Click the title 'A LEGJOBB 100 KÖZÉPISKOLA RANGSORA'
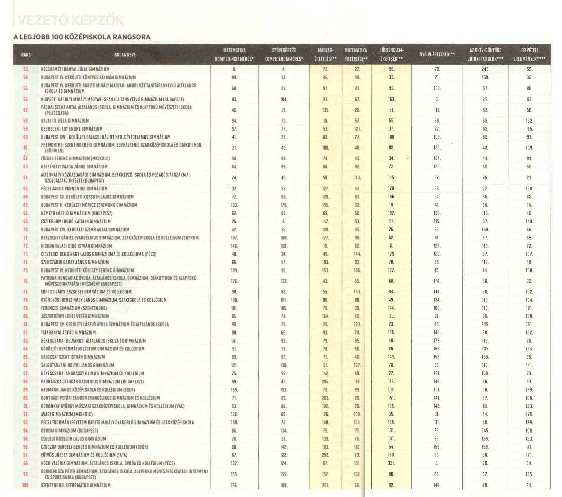(82, 37)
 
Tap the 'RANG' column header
(26, 55)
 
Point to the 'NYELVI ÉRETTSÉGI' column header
(437, 55)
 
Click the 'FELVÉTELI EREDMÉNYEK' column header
(529, 55)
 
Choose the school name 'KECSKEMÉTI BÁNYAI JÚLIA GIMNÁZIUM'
(75, 69)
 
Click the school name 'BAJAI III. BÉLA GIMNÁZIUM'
(65, 121)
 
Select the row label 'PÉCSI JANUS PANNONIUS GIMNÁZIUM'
(74, 189)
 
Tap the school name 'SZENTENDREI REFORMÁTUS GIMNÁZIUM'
(75, 485)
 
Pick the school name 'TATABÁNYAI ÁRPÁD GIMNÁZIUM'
(68, 332)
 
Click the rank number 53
(26, 69)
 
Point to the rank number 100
(26, 485)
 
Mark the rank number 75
(26, 270)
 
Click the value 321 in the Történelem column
(391, 463)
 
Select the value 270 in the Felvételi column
(529, 414)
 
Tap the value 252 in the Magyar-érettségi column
(325, 455)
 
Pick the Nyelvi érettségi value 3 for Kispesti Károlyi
(437, 99)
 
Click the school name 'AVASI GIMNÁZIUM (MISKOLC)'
(67, 414)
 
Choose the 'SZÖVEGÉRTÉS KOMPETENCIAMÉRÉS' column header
(284, 55)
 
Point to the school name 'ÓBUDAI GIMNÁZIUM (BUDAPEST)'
(69, 431)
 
